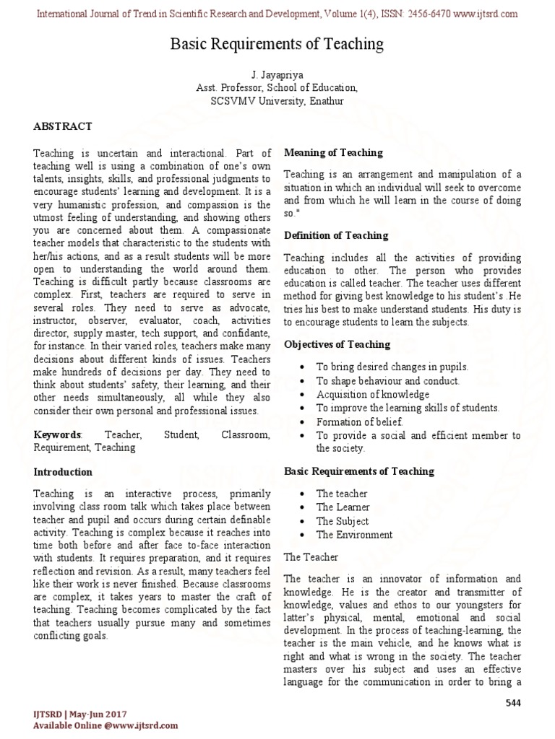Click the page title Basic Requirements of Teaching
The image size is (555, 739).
tap(277, 45)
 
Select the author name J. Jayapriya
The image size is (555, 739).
tap(277, 74)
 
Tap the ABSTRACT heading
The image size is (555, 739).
tap(63, 126)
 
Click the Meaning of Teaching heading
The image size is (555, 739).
tap(333, 153)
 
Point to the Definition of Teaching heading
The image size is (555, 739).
tap(336, 235)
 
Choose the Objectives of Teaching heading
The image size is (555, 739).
tap(337, 344)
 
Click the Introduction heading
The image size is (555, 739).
tap(63, 472)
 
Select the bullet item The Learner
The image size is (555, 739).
tap(343, 507)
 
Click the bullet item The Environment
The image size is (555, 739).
tap(354, 535)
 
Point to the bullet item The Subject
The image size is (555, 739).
tap(342, 521)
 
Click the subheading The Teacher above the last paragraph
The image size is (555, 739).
tap(309, 557)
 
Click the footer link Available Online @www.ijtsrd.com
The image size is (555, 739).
tap(95, 726)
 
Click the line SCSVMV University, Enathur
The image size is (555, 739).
tap(277, 101)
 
